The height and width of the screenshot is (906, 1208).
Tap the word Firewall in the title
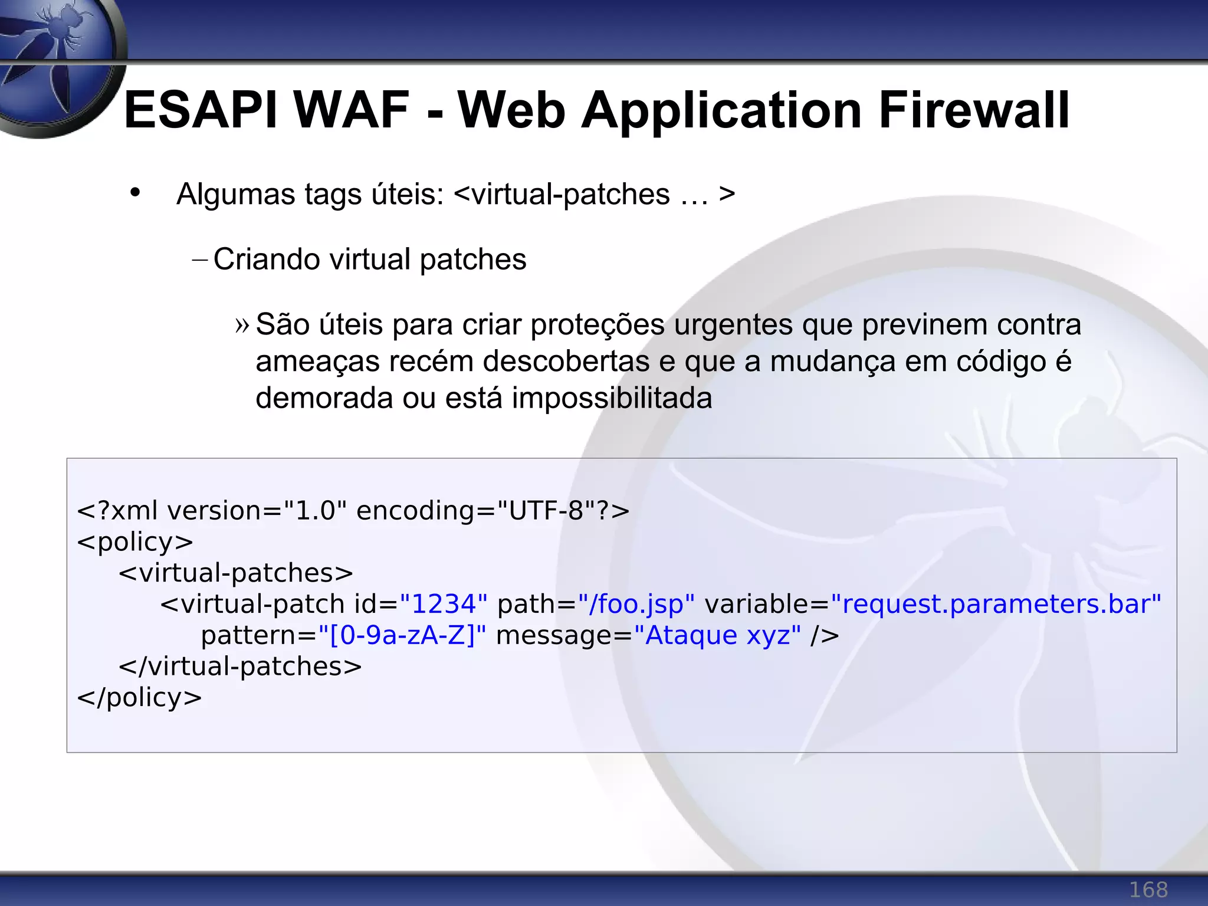point(973,110)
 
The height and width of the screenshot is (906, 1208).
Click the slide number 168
point(1148,889)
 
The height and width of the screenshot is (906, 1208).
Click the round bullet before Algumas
point(135,192)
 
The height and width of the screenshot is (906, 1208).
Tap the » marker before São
point(242,325)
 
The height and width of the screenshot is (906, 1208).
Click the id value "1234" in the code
point(444,604)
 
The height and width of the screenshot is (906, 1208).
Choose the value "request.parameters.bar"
point(996,604)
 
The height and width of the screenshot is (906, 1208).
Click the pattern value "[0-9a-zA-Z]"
point(402,635)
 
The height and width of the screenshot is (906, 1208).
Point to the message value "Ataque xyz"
point(717,635)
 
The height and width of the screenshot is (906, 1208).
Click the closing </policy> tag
point(139,698)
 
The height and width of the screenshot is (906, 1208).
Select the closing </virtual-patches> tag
point(240,667)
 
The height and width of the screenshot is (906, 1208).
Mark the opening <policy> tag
point(135,542)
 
